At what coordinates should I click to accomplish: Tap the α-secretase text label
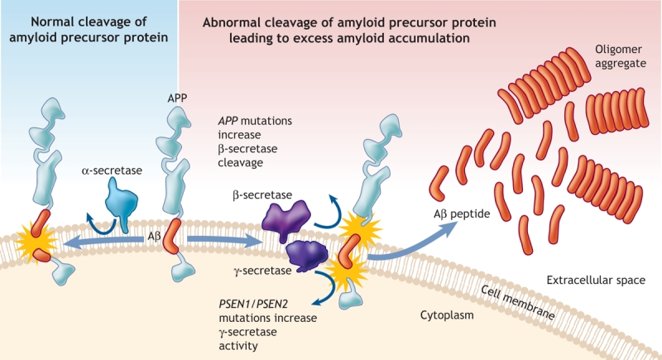(112, 170)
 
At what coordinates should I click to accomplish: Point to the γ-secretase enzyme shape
(307, 256)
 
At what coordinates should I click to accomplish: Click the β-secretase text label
(262, 195)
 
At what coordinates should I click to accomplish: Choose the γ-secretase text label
(262, 271)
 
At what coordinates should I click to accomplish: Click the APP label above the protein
(177, 98)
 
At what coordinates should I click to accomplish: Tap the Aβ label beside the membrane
(155, 237)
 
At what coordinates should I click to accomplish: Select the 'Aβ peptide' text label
(462, 214)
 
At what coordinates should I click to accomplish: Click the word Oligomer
(618, 50)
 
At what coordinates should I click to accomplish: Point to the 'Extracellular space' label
(596, 281)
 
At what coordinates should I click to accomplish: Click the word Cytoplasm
(447, 315)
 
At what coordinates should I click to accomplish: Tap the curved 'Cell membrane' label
(518, 302)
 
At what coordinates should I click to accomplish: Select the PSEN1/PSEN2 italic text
(253, 304)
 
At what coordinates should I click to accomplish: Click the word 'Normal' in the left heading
(52, 22)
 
